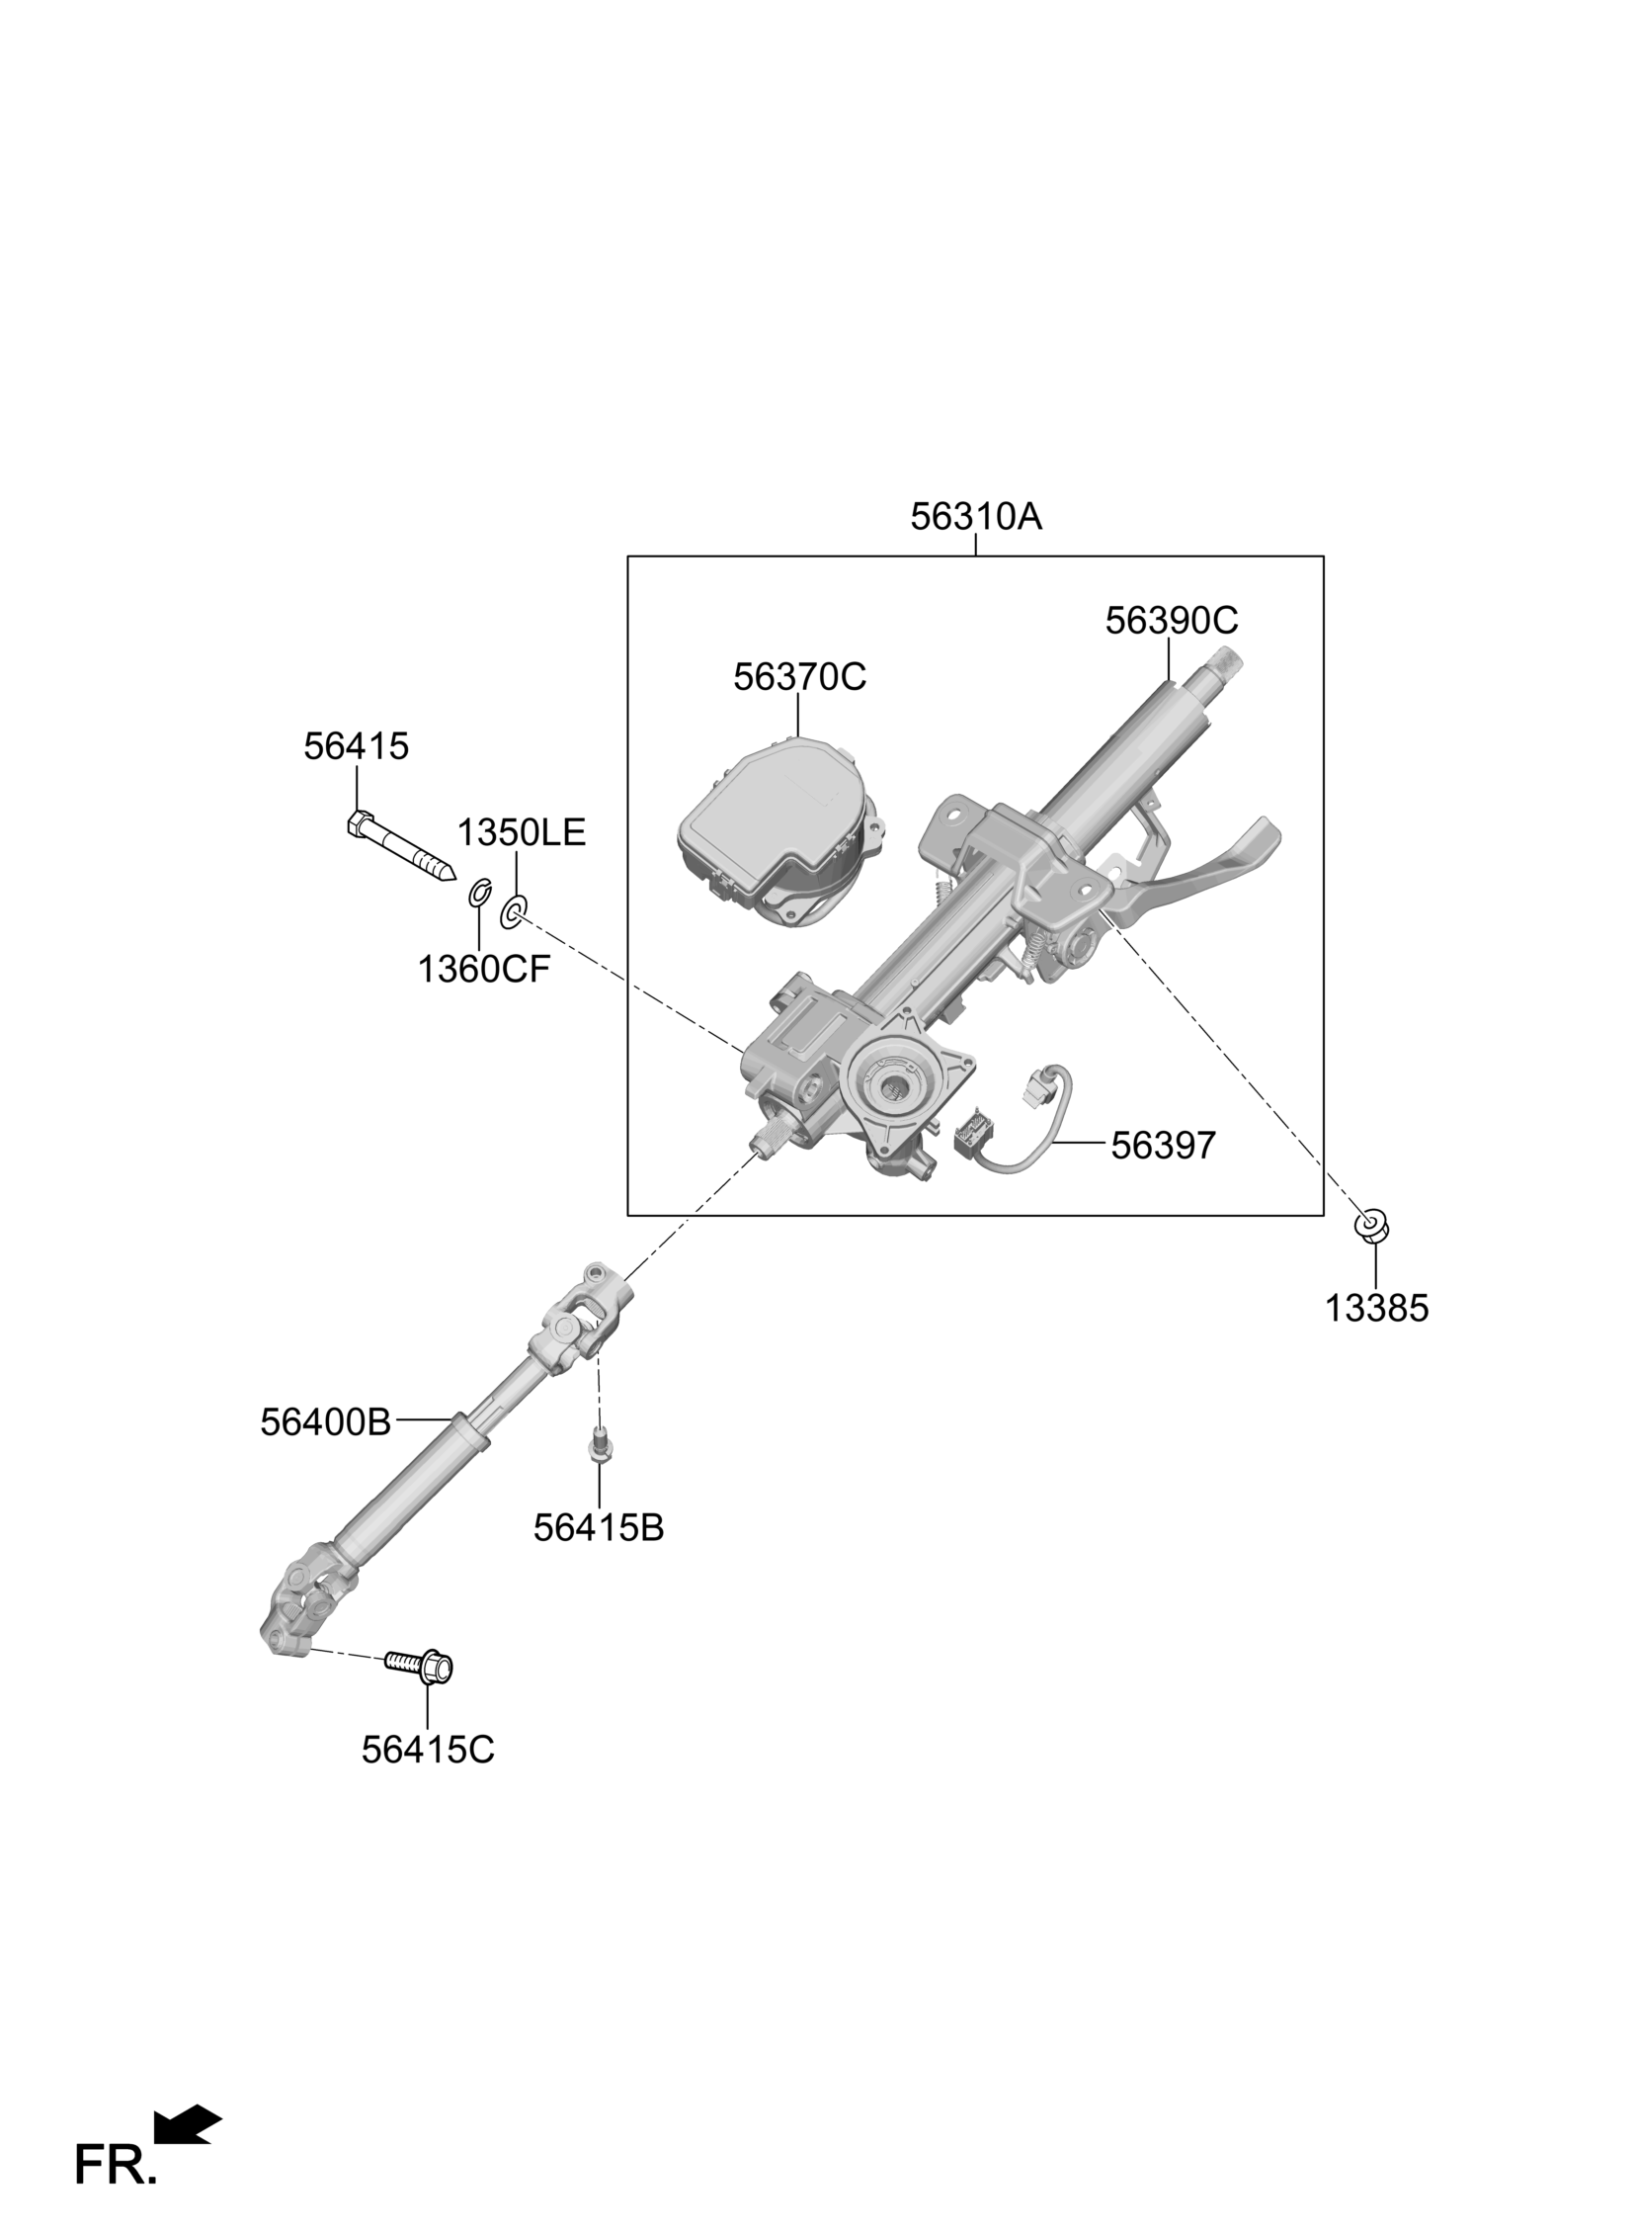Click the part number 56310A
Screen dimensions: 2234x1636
975,517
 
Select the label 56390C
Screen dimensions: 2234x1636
1171,621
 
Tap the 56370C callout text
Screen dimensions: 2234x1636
799,678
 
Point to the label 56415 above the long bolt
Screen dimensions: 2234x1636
356,747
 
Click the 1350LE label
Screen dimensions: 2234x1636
521,833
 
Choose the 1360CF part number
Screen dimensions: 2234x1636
482,970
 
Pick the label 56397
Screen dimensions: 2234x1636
1163,1147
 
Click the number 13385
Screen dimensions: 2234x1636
1376,1310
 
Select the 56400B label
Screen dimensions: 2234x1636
326,1423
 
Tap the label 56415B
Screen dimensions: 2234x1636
598,1528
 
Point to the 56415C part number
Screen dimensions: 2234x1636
427,1751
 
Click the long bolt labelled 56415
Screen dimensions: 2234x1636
401,845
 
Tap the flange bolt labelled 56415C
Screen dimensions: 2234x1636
421,1666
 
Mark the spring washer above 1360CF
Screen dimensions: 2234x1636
479,892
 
